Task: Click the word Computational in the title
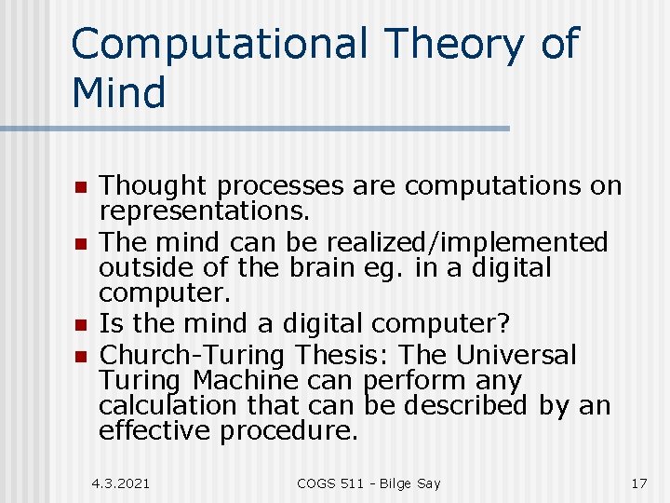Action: pyautogui.click(x=219, y=45)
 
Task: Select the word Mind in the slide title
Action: pyautogui.click(x=118, y=93)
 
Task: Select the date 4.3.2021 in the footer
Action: pyautogui.click(x=121, y=483)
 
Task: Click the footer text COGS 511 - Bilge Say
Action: pyautogui.click(x=368, y=483)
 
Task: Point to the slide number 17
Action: pyautogui.click(x=638, y=483)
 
